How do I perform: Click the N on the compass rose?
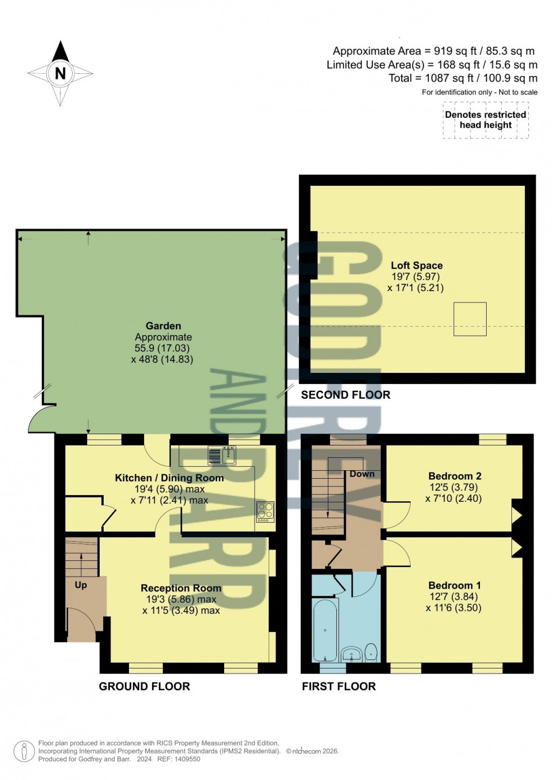tap(60, 73)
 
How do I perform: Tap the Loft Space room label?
tap(416, 265)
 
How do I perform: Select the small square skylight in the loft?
tap(470, 319)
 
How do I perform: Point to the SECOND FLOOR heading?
tap(345, 395)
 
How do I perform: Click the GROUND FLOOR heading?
tap(144, 686)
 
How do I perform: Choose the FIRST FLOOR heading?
tap(339, 686)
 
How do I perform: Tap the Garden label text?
tap(163, 326)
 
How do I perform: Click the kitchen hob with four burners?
tap(265, 511)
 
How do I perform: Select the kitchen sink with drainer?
tap(222, 454)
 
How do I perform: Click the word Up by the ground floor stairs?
tap(81, 585)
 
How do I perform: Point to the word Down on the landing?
tap(362, 474)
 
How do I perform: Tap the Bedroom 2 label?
tap(455, 476)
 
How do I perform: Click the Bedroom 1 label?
tap(454, 585)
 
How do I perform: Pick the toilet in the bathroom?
tap(371, 653)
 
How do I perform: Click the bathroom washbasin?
tap(352, 654)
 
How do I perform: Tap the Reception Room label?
tap(181, 588)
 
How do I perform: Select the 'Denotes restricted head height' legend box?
tap(486, 120)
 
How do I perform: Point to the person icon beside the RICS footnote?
tap(24, 751)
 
